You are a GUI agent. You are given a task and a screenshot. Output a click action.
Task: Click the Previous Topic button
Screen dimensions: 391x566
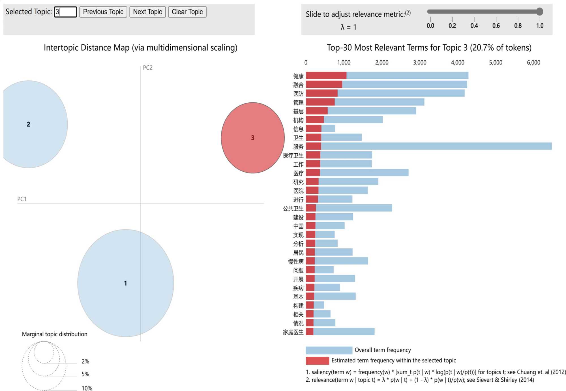pyautogui.click(x=103, y=12)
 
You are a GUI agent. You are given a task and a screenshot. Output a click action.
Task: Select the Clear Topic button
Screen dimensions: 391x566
pyautogui.click(x=187, y=12)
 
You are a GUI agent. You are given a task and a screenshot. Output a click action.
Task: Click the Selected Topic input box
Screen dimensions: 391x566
pyautogui.click(x=65, y=12)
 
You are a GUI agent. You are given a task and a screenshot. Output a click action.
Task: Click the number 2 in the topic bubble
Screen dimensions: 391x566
pyautogui.click(x=28, y=124)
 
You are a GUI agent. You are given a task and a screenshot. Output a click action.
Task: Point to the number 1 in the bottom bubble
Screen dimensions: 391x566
pyautogui.click(x=125, y=283)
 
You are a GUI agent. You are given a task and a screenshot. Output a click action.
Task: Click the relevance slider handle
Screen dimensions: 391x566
pyautogui.click(x=540, y=12)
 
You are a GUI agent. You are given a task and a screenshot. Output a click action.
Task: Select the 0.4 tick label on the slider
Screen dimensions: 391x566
pyautogui.click(x=474, y=26)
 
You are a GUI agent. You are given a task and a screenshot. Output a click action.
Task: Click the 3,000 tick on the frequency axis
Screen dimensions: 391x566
pyautogui.click(x=420, y=63)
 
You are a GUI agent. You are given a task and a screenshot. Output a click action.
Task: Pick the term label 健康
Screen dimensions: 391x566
pyautogui.click(x=298, y=76)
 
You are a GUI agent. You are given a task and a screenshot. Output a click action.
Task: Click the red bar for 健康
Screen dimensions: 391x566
pyautogui.click(x=326, y=76)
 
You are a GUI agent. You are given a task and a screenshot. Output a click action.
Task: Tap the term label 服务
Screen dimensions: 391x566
pyautogui.click(x=298, y=147)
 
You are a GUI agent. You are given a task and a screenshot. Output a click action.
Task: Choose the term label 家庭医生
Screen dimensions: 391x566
pyautogui.click(x=293, y=332)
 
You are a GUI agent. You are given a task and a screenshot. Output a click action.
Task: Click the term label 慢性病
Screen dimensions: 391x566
pyautogui.click(x=296, y=261)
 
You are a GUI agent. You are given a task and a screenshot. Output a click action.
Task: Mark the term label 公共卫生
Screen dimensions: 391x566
pyautogui.click(x=293, y=208)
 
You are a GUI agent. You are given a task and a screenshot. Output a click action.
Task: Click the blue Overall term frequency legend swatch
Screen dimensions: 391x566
pyautogui.click(x=329, y=350)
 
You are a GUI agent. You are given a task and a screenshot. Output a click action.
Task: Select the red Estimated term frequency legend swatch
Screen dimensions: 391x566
pyautogui.click(x=317, y=361)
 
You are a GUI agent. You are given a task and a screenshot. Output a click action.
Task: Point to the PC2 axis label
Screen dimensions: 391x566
pyautogui.click(x=147, y=68)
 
